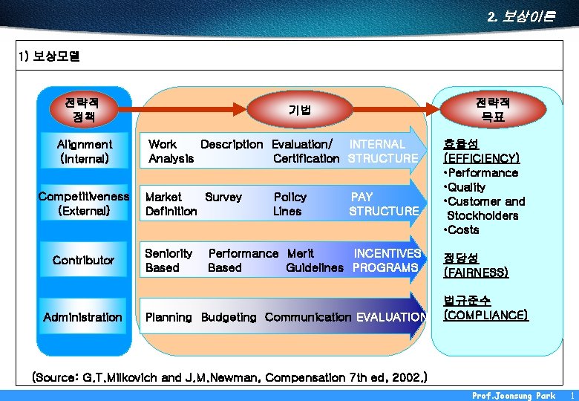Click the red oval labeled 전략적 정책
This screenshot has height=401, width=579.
coord(83,109)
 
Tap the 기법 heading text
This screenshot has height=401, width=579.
coord(300,110)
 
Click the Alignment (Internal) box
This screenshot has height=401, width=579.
coord(85,151)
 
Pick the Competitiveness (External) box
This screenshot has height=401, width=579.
coord(84,204)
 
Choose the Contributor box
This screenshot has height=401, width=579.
coord(84,260)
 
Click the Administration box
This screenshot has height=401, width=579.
coord(83,317)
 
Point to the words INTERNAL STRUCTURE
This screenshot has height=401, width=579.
coord(382,151)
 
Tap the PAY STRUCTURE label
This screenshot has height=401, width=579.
coord(383,204)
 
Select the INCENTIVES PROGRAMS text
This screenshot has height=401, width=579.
coord(386,261)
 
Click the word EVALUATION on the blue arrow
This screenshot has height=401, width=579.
coord(391,318)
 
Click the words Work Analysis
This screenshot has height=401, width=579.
coord(170,151)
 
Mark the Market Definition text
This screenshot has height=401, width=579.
coord(171,204)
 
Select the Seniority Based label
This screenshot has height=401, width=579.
coord(169,261)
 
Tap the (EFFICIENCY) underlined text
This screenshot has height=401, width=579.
coord(481,158)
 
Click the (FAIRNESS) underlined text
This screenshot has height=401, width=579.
coord(476,273)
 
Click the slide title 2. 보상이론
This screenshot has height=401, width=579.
coord(521,16)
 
